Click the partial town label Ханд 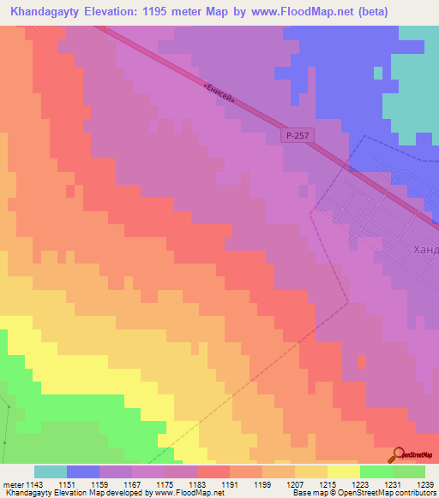(425, 250)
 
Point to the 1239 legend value (424, 484)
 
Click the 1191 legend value (230, 484)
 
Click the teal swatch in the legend (51, 471)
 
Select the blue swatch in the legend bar (83, 471)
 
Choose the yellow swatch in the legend (344, 471)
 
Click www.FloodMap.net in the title (295, 12)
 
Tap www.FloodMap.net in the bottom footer (185, 493)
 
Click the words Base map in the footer (307, 493)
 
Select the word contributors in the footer (414, 493)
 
